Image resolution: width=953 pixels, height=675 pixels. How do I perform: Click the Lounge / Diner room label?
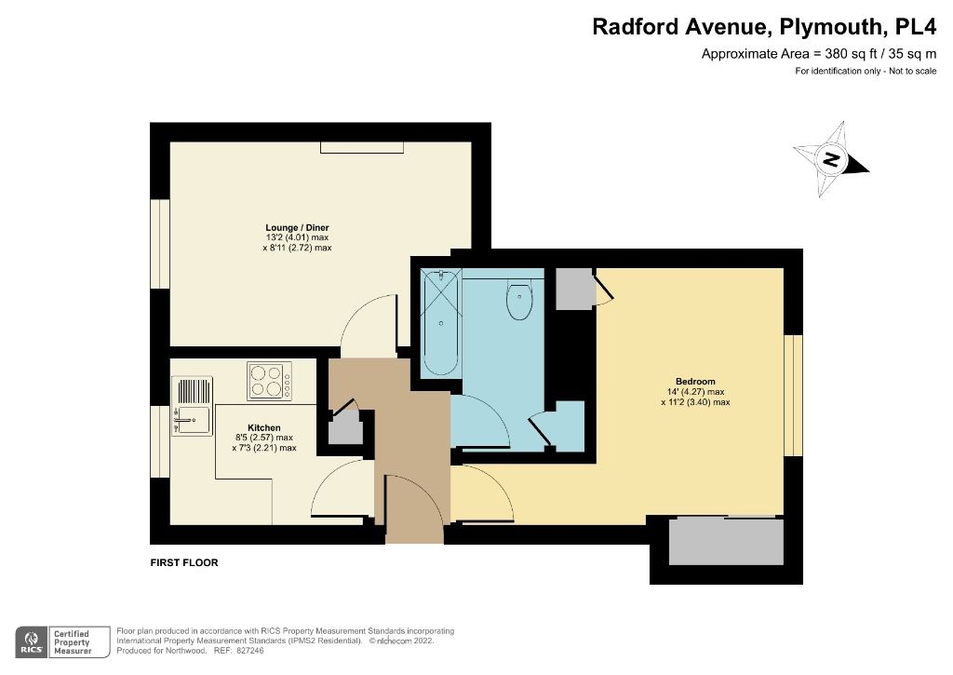tap(297, 227)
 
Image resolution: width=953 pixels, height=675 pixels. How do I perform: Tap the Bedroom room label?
tap(695, 382)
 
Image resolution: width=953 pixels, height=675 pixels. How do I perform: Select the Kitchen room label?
tap(264, 427)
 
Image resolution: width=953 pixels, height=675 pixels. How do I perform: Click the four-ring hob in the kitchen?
tap(269, 381)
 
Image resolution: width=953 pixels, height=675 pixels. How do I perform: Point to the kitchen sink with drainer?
tap(192, 406)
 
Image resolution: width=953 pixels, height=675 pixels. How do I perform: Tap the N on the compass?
tap(832, 160)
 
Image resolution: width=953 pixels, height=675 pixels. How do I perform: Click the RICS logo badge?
tap(34, 641)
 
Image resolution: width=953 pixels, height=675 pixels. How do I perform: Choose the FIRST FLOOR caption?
tap(184, 563)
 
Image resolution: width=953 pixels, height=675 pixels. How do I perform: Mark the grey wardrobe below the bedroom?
tap(726, 541)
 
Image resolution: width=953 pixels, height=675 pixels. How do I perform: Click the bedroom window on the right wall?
tap(793, 395)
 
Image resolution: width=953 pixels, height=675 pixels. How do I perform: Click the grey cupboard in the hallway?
tap(344, 427)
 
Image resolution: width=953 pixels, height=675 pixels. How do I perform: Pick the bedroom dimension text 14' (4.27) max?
tap(695, 392)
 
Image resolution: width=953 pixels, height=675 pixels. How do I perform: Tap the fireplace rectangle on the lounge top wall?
tap(363, 147)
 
